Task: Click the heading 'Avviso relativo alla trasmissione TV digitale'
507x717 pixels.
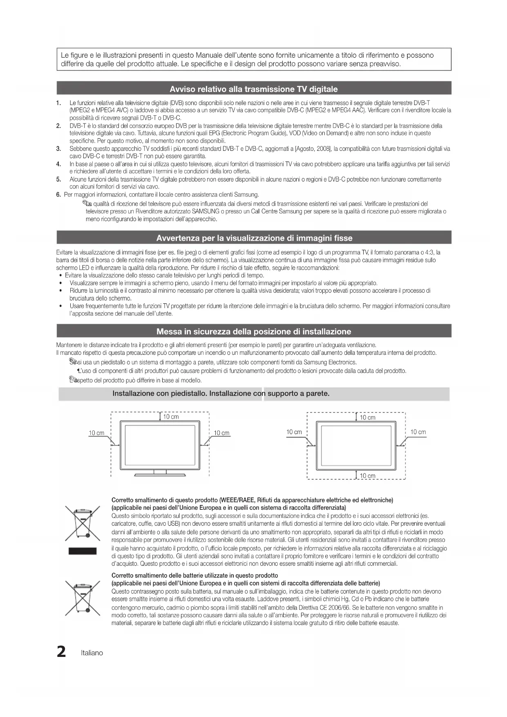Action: tap(254, 89)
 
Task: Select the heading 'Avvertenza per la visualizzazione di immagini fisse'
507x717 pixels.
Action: tap(254, 238)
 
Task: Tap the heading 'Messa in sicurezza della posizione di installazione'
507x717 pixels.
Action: tap(254, 331)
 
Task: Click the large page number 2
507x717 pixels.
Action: tap(61, 652)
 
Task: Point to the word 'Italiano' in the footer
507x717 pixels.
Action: tap(92, 653)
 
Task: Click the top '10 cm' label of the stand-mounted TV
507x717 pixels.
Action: tap(171, 417)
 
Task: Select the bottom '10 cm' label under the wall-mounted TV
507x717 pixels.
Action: tap(367, 476)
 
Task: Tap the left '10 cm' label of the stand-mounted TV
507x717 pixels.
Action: tap(96, 433)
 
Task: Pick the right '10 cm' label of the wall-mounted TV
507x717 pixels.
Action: tap(418, 432)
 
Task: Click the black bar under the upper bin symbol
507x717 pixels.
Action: tap(83, 551)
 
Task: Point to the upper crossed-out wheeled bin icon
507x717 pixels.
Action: tap(83, 523)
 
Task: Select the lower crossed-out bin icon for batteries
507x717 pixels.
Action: tap(83, 598)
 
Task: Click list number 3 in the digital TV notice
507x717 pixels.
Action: tap(59, 149)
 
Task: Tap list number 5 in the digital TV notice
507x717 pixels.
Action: tap(59, 179)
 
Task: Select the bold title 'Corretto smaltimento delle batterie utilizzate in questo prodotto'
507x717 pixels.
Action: tap(194, 576)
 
